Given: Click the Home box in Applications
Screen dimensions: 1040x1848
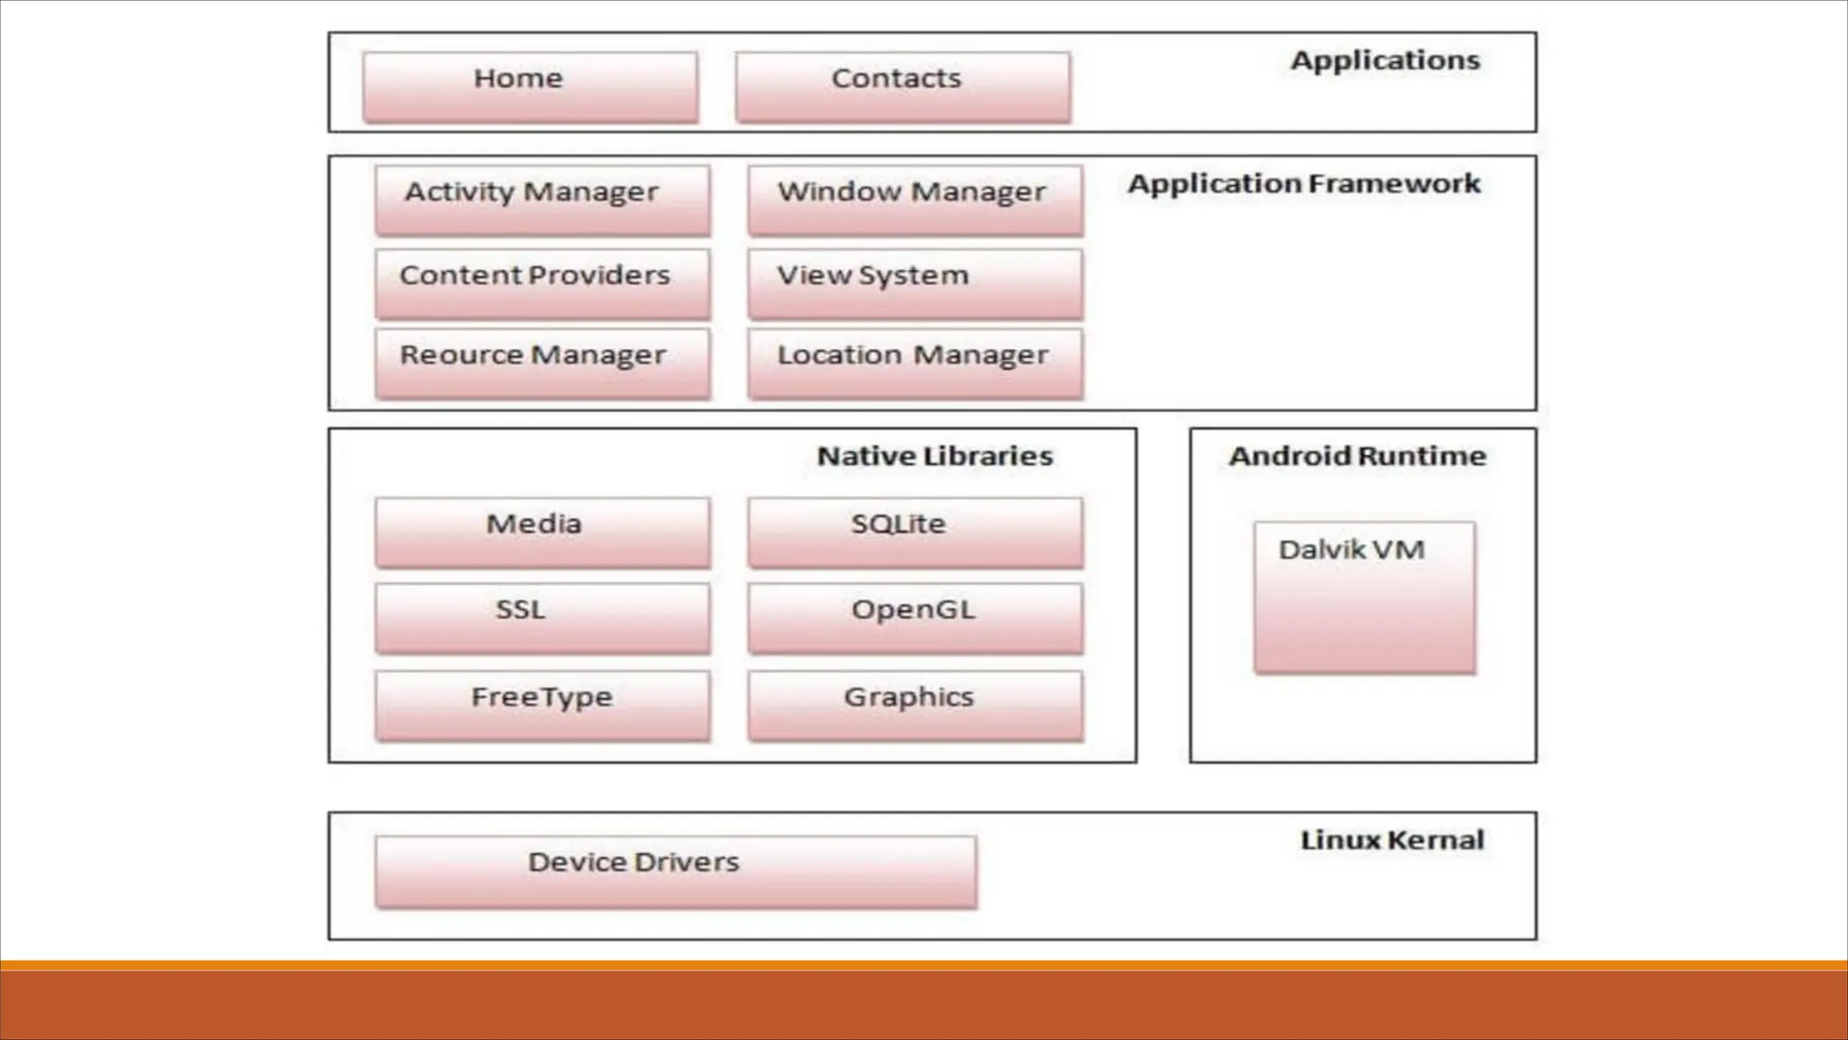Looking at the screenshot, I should tap(531, 87).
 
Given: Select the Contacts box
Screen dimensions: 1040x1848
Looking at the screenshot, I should tap(902, 87).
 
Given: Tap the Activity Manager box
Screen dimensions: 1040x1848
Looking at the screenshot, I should tap(542, 200).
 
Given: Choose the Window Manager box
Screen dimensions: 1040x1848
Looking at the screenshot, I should tap(915, 200).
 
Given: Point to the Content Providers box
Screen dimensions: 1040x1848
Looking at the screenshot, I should tap(542, 283).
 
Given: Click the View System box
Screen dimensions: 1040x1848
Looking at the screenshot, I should tap(915, 283).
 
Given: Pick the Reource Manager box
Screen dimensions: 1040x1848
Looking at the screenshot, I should tap(542, 363).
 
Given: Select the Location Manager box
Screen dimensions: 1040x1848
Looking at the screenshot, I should tap(915, 363).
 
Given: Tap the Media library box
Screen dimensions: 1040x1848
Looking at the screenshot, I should tap(542, 532).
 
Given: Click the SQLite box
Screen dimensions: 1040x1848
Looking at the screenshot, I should tap(915, 532).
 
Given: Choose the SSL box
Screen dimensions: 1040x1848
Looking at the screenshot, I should tap(542, 617).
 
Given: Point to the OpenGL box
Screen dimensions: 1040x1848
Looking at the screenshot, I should tap(915, 617).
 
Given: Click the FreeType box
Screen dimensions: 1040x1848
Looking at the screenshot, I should tap(542, 705).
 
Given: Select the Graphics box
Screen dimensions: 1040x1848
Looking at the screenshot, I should tap(915, 705).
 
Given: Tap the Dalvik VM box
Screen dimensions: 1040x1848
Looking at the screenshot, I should tap(1364, 597).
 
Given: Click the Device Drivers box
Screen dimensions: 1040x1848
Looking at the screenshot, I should tap(676, 871).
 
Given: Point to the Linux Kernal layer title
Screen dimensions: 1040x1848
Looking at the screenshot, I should tap(1391, 840).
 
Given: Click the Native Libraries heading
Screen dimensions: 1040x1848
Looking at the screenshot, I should tap(935, 456).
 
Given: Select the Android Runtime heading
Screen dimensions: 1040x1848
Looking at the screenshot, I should tap(1357, 456).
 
